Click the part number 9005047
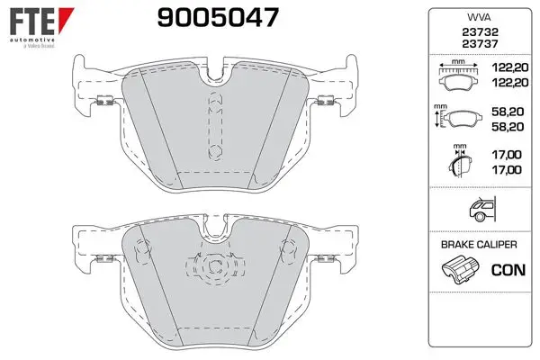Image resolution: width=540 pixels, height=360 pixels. point(218,18)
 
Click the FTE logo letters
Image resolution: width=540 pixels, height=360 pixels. point(32,22)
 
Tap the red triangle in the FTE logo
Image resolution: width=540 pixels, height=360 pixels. point(66,19)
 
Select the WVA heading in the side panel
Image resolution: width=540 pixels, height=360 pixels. point(479,17)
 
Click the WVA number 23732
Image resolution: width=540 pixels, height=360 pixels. point(480,32)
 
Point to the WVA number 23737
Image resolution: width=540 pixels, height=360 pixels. point(480,44)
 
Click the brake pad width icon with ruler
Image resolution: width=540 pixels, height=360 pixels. point(458,75)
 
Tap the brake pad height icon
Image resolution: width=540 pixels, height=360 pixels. point(458,116)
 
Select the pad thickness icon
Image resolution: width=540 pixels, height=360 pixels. point(460,161)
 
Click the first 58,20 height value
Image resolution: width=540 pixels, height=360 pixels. point(508,112)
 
